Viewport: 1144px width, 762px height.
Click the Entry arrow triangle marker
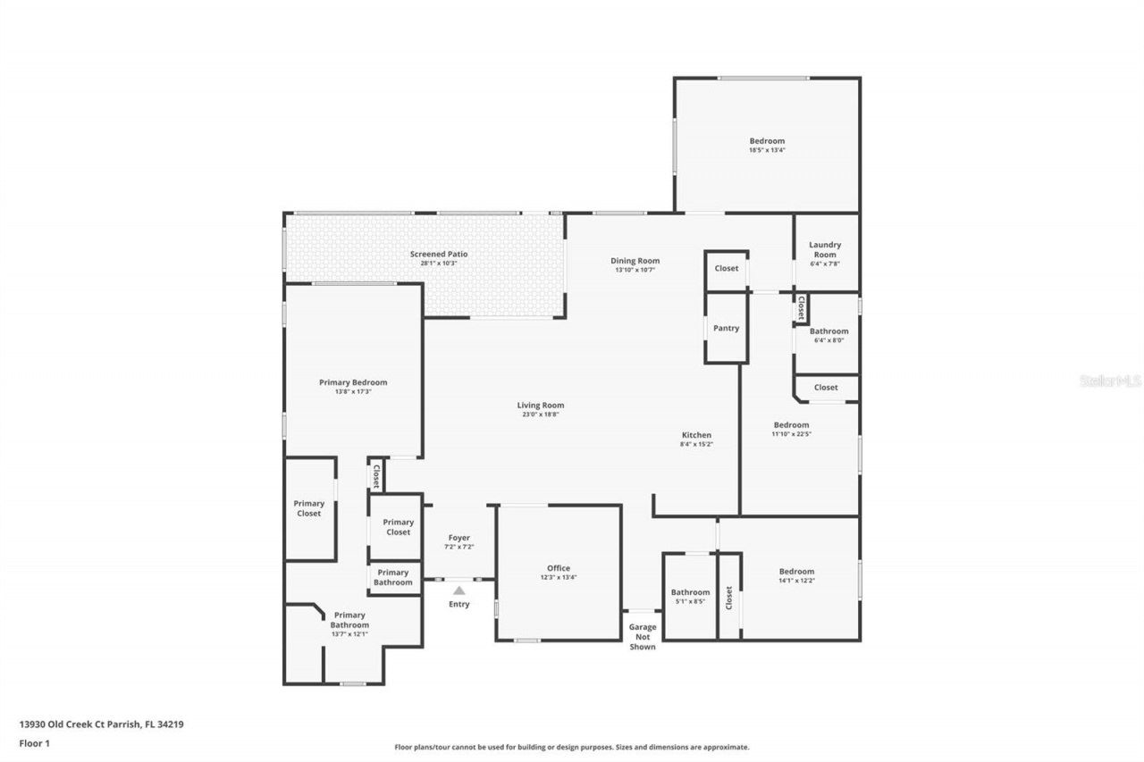point(458,590)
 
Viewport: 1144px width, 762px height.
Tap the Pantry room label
point(726,328)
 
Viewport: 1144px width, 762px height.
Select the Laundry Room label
point(824,249)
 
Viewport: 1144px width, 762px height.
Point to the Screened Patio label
point(438,254)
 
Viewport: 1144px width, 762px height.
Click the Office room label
point(559,568)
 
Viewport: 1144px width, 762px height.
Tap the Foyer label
point(458,538)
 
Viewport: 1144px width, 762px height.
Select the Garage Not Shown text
point(643,636)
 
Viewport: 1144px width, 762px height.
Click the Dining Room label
point(635,261)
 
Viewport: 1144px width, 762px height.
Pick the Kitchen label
point(696,435)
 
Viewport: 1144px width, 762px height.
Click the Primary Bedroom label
point(353,382)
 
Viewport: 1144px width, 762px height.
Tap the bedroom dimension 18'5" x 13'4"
point(767,150)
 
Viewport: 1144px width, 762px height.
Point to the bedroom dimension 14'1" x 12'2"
point(796,581)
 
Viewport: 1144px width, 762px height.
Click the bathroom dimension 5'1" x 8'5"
point(690,601)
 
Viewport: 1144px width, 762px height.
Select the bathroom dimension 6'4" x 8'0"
point(829,339)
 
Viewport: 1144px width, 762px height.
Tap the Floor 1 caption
point(33,742)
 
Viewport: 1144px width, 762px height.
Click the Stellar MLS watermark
point(1111,381)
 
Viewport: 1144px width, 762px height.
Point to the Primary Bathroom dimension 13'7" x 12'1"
point(349,633)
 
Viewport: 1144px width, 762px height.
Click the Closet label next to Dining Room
point(727,268)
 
